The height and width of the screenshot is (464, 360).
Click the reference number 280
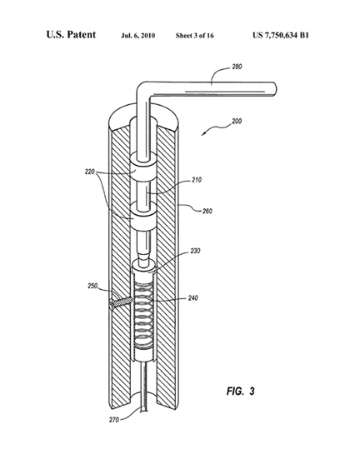[x=237, y=67]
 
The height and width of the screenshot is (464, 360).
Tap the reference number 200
[x=237, y=121]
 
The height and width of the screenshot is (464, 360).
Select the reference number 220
[x=90, y=172]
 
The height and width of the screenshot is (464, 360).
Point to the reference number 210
[x=197, y=180]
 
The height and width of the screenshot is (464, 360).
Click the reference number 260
[x=207, y=211]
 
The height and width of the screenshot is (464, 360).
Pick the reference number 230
[x=195, y=251]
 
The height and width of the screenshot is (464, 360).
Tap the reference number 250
[x=92, y=286]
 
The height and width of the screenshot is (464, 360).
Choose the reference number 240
[x=192, y=298]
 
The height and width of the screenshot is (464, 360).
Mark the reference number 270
[x=114, y=420]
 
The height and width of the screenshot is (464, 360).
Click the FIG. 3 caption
[x=240, y=391]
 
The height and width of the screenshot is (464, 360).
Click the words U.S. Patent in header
[x=71, y=35]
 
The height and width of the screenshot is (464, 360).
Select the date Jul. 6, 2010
[x=137, y=36]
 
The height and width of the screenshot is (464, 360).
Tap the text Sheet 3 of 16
[x=194, y=36]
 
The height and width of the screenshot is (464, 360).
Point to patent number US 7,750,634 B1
[x=280, y=35]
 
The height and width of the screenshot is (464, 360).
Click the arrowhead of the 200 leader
[x=203, y=134]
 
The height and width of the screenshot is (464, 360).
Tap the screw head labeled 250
[x=112, y=304]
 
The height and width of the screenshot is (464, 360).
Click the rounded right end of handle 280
[x=273, y=90]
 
